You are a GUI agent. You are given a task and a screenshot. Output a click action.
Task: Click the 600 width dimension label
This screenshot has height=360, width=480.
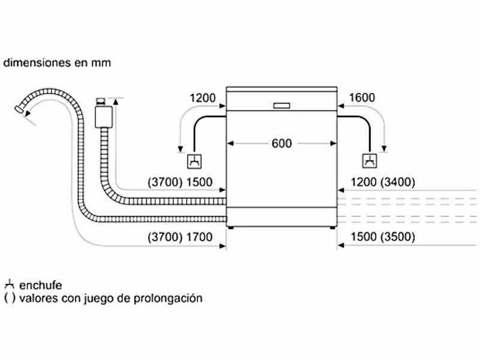tap(281, 143)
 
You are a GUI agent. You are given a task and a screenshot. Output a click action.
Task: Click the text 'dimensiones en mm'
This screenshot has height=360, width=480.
tap(57, 62)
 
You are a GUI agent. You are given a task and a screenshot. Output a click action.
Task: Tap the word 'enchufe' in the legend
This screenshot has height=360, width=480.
tap(40, 285)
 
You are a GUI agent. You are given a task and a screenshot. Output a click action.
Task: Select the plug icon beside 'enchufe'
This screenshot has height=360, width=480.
tap(9, 284)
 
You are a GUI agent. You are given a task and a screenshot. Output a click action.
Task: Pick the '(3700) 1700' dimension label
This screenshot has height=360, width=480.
tap(180, 237)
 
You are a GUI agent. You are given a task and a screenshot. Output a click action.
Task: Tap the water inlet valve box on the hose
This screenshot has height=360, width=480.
tap(103, 113)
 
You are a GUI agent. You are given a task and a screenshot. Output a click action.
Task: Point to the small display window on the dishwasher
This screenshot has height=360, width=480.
tap(281, 105)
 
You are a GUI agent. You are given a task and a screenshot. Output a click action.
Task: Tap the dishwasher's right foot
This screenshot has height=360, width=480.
tap(332, 228)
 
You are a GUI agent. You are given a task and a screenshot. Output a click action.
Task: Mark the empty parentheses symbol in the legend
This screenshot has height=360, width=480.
tap(9, 298)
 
